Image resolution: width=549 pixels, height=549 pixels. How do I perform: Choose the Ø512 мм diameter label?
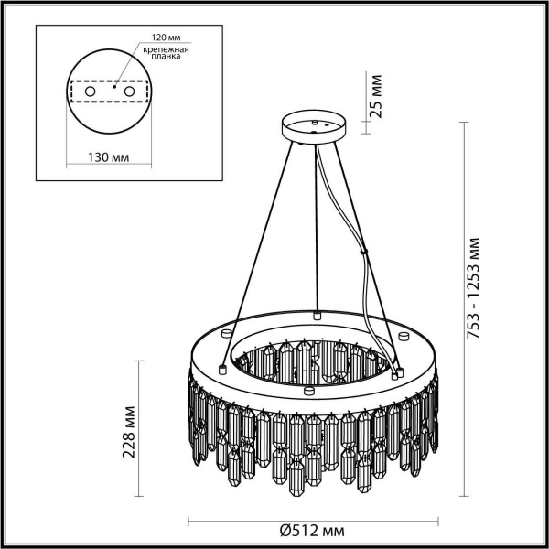(311, 529)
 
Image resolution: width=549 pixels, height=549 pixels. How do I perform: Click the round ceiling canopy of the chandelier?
(314, 127)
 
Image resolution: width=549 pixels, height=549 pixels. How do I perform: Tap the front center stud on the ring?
(307, 392)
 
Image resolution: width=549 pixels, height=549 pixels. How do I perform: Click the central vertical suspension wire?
(316, 229)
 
